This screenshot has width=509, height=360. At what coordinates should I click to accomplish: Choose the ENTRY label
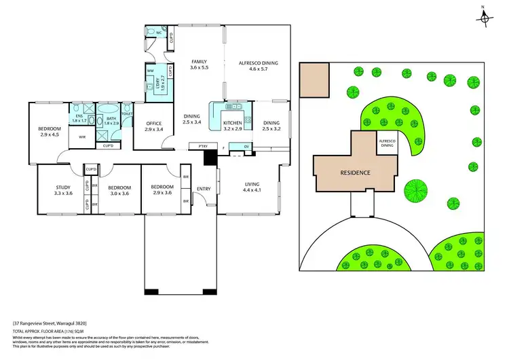click(x=204, y=189)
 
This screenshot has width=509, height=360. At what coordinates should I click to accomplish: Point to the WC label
click(x=158, y=32)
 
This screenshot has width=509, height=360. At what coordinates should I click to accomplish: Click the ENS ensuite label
click(x=79, y=117)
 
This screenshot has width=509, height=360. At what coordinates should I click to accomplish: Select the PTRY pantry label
click(x=202, y=147)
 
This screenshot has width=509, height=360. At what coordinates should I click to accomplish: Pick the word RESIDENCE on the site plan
click(x=355, y=173)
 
